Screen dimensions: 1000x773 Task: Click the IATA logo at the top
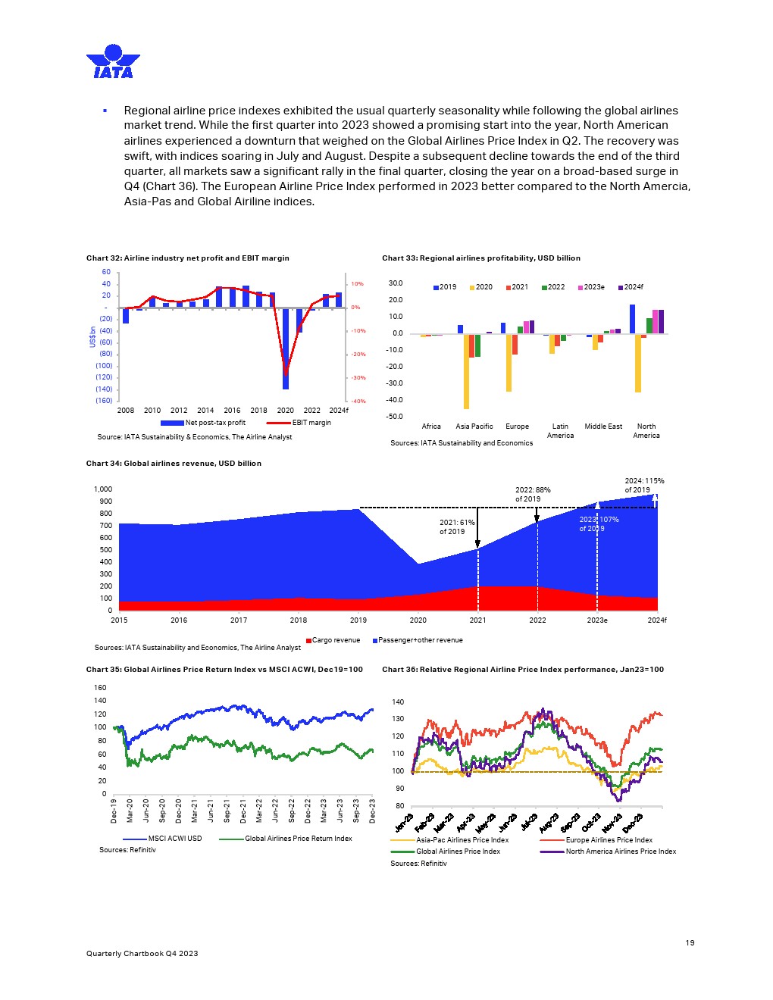tap(113, 62)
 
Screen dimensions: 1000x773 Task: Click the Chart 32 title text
tap(187, 258)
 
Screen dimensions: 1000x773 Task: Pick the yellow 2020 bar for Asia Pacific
tap(467, 371)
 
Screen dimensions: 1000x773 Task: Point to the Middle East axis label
tap(603, 427)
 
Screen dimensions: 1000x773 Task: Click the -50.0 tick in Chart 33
tap(395, 417)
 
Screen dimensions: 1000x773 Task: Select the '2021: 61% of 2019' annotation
tap(457, 527)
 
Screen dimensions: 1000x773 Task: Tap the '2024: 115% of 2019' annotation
tap(644, 485)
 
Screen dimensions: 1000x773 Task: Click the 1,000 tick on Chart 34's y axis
tap(103, 489)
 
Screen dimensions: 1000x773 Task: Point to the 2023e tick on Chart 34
tap(597, 620)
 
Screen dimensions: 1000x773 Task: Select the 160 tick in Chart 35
tap(100, 688)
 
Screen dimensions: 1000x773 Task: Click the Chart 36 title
tap(523, 670)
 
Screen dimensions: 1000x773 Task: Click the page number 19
tap(690, 942)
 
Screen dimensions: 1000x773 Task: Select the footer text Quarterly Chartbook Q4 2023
tap(142, 953)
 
